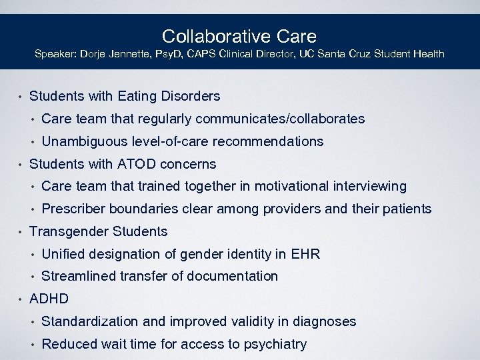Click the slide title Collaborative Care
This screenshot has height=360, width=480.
tap(239, 36)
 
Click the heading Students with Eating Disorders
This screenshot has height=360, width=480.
tap(125, 97)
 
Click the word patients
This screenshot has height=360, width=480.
tap(407, 209)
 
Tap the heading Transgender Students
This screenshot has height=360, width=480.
tap(99, 231)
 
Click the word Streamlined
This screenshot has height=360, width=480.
tap(77, 276)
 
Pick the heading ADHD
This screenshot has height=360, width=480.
tap(49, 299)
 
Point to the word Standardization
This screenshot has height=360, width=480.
tap(89, 321)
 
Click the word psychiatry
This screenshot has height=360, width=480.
tap(275, 344)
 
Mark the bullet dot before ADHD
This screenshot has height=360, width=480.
tap(21, 299)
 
